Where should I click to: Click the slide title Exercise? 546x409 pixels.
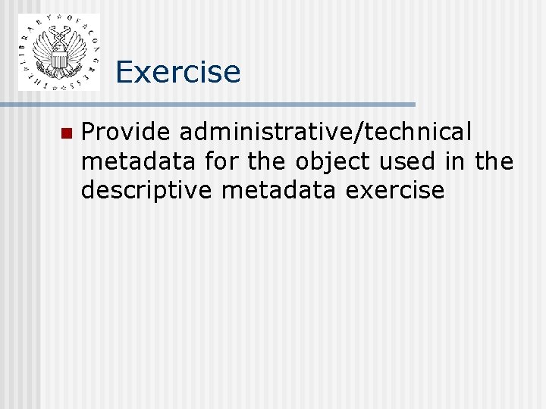[178, 72]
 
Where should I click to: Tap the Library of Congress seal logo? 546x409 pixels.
[58, 52]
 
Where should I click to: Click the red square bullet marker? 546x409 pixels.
[65, 133]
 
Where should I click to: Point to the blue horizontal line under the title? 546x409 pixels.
[217, 104]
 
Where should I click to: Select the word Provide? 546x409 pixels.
[125, 133]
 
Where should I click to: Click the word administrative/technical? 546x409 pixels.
[325, 133]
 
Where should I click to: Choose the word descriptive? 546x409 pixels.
[147, 191]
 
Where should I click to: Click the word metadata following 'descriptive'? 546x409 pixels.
[280, 190]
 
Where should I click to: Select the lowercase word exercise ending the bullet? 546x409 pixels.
[395, 190]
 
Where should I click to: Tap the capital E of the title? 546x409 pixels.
[125, 72]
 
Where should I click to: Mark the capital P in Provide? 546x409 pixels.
[88, 133]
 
